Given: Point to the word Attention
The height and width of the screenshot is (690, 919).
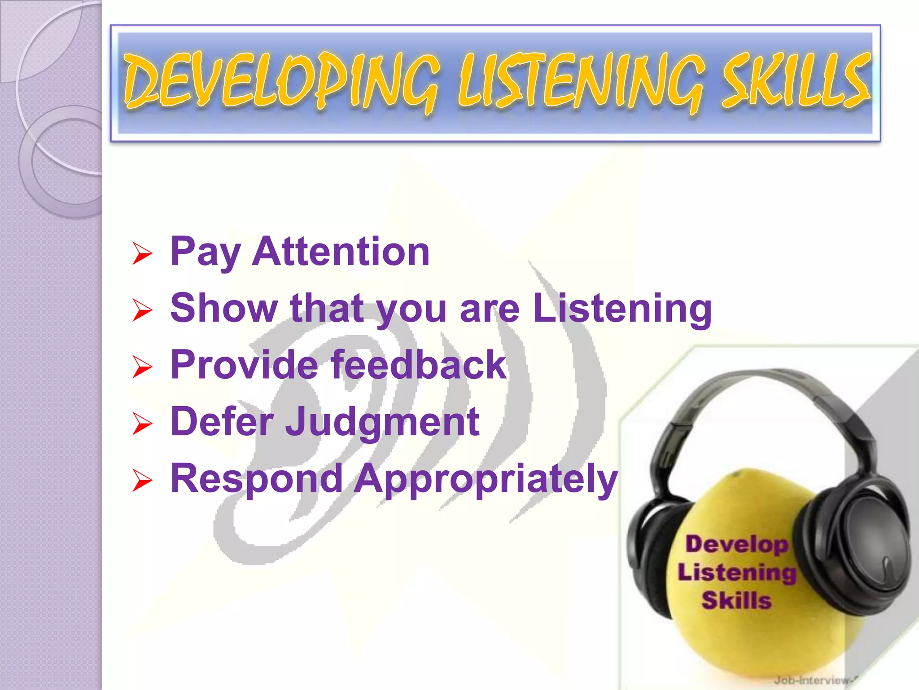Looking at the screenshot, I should [341, 252].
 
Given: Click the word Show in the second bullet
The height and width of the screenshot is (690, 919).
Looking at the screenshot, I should [224, 308].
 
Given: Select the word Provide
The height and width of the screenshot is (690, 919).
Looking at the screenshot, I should [244, 365].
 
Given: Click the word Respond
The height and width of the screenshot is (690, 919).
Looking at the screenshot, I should [257, 479].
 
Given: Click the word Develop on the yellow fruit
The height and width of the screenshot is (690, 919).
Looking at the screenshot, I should [736, 544].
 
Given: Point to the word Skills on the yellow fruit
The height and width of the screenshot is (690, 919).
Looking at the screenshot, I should [736, 600].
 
